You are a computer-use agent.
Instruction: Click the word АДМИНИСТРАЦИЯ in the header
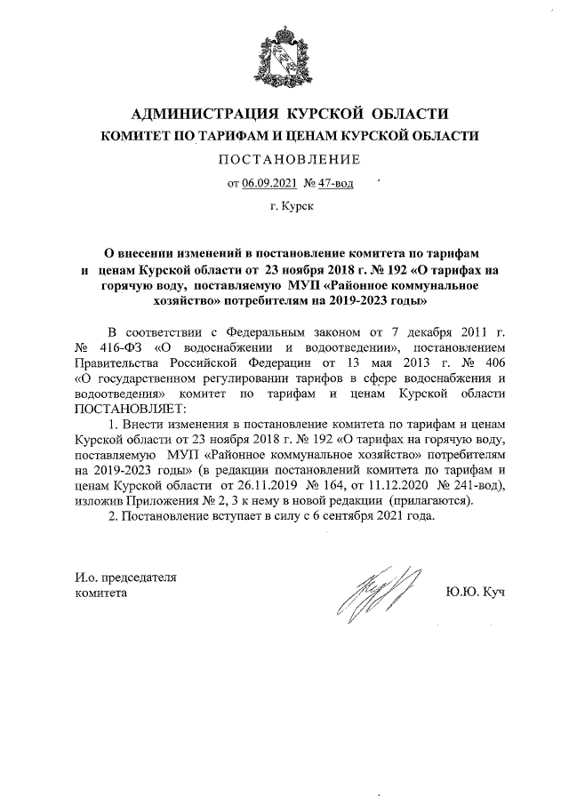pyautogui.click(x=197, y=115)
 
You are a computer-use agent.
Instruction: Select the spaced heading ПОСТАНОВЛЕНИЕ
pyautogui.click(x=284, y=160)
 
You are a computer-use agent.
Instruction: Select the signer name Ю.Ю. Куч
pyautogui.click(x=471, y=592)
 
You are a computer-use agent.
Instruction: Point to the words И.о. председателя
pyautogui.click(x=124, y=576)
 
